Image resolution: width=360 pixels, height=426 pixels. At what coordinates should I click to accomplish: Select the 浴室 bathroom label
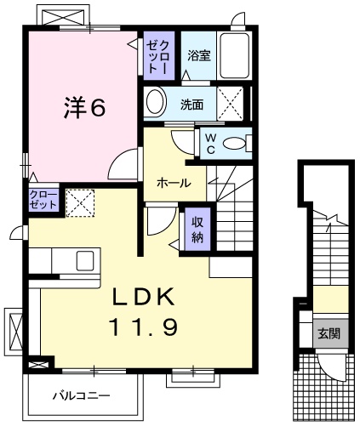tap(199, 55)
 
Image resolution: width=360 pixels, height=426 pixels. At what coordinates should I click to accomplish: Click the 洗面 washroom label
tap(191, 105)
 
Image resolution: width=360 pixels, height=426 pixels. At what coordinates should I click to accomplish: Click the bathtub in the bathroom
tap(234, 56)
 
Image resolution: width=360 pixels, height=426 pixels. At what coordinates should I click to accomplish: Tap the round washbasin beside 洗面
tap(156, 104)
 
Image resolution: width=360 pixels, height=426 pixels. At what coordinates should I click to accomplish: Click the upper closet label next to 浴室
tap(158, 57)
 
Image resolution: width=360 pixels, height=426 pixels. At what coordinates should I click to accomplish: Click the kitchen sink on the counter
tap(85, 259)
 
